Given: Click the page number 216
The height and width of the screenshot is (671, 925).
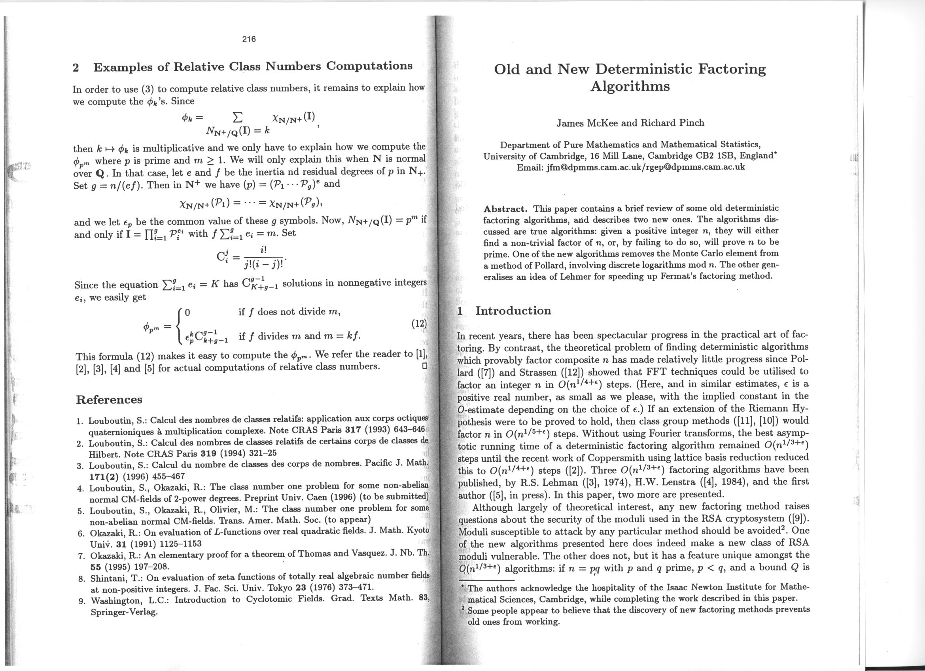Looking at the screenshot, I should coord(248,39).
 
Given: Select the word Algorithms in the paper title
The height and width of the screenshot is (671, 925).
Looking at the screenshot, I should coord(630,87).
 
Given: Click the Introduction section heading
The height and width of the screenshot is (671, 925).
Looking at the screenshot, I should coord(513,311).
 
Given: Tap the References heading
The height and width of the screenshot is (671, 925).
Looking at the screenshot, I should coord(109,399).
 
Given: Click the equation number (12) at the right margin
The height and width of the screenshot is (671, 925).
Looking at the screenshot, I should coord(419,324).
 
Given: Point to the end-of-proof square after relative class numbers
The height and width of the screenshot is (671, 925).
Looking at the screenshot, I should coord(424,366).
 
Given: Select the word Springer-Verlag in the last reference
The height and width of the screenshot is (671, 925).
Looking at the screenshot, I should coord(124,612).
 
